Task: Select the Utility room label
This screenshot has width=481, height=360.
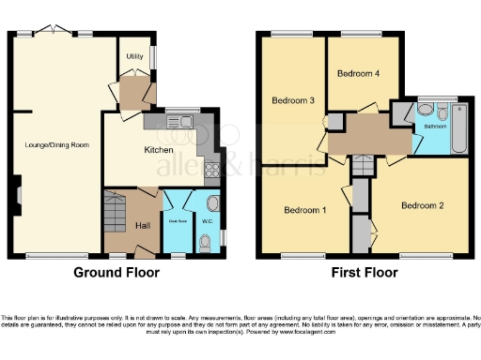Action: pos(134,55)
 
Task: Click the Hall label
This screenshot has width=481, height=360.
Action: pos(143,226)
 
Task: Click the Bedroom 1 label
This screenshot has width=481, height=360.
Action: pos(304,210)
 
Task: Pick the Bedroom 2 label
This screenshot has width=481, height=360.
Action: pos(421,204)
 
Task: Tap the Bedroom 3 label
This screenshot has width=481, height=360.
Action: pos(292,99)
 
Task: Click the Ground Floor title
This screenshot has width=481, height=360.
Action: pos(116,273)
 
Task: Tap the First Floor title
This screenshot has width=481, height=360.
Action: pos(364,273)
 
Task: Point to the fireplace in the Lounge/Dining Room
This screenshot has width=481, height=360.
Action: pos(17,195)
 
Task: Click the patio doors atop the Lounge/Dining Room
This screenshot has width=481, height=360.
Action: pos(56,32)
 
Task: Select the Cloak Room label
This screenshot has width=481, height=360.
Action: pos(173,222)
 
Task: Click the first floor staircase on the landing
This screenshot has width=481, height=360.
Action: pos(362,166)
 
